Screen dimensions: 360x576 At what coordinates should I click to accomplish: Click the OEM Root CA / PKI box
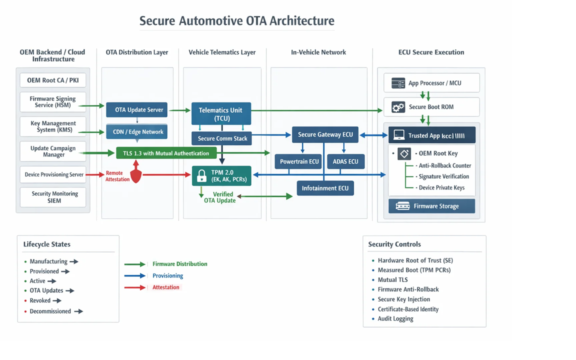pos(53,80)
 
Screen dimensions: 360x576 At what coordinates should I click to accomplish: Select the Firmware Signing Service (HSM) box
pos(53,102)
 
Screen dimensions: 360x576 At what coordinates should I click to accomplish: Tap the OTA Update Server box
pos(136,110)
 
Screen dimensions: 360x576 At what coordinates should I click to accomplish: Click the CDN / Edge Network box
pos(136,132)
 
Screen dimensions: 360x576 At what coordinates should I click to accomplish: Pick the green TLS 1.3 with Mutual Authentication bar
pos(166,153)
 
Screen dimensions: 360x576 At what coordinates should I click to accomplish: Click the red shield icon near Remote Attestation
pos(136,175)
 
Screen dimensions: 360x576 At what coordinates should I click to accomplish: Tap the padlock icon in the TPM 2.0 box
pos(201,176)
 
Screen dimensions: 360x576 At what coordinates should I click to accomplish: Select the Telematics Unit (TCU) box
pos(221,114)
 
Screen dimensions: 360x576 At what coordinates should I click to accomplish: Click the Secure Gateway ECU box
pos(325,135)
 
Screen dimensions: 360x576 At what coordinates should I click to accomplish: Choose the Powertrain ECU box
pos(299,161)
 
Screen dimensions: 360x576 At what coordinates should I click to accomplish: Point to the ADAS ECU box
pos(345,161)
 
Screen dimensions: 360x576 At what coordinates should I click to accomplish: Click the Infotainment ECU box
pos(325,188)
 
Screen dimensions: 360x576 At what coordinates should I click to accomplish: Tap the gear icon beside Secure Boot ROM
pos(398,107)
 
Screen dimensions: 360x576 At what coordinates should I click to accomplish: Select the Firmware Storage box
pos(431,206)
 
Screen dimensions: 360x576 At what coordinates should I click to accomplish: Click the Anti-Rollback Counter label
pos(444,165)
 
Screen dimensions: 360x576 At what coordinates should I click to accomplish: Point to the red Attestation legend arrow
pos(135,287)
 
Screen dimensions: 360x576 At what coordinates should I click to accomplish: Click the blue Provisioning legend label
pos(167,275)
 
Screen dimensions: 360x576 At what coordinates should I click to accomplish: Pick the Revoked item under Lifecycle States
pos(40,300)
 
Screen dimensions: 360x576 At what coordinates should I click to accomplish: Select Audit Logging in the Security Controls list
pos(395,318)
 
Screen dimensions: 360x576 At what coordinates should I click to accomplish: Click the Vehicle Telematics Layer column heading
pos(222,52)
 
